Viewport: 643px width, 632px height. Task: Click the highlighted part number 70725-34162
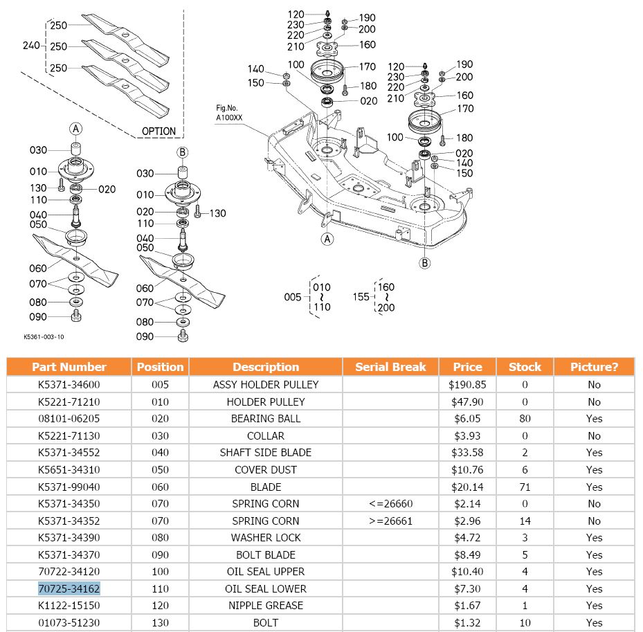[69, 588]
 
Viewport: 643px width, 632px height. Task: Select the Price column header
[467, 367]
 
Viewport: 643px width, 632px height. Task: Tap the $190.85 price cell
[467, 384]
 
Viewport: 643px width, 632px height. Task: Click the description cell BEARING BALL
[266, 418]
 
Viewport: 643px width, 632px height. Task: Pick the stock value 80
[525, 418]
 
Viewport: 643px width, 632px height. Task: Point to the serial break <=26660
[390, 503]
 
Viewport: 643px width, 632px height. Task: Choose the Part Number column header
[69, 367]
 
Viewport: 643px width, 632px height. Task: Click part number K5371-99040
[69, 487]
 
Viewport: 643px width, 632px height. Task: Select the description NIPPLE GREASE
[266, 605]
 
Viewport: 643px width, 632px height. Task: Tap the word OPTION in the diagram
[159, 131]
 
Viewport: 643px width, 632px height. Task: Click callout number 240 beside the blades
[31, 46]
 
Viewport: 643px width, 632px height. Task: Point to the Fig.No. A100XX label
[231, 113]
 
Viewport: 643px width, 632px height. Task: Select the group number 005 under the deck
[293, 297]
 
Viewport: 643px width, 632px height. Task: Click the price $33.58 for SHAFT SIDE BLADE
[467, 452]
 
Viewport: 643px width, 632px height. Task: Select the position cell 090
[160, 554]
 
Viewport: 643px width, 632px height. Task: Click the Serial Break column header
[390, 367]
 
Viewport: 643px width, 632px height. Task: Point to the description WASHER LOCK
[266, 537]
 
